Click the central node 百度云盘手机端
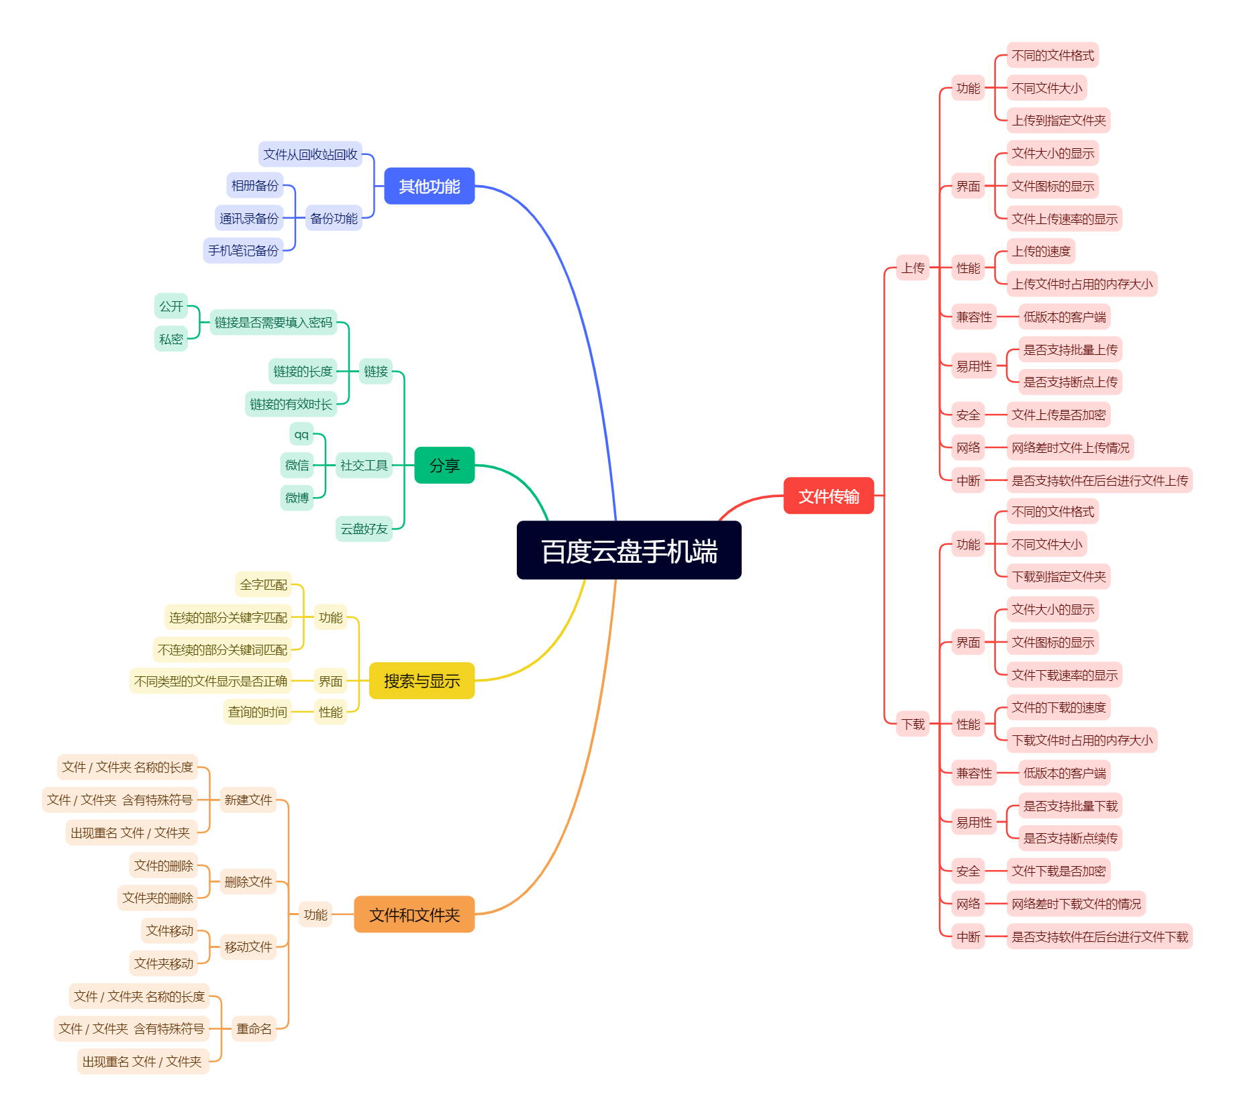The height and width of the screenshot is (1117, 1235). (x=629, y=550)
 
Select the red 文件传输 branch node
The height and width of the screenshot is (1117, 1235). (x=828, y=496)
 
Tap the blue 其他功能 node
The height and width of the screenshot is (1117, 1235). (x=429, y=186)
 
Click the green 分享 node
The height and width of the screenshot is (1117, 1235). (x=444, y=465)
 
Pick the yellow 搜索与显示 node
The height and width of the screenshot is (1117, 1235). (x=422, y=681)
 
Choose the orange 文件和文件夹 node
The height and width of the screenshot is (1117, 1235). (x=414, y=914)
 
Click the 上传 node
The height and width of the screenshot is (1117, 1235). (x=913, y=268)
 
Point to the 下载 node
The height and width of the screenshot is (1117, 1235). (x=913, y=724)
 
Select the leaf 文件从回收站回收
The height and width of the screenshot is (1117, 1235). (x=310, y=154)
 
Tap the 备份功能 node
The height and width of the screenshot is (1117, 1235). (x=334, y=218)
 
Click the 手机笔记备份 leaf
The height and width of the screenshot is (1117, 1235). (x=243, y=250)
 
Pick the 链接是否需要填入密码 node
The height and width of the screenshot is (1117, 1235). (x=273, y=322)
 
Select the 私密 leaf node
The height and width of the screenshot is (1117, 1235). (x=170, y=339)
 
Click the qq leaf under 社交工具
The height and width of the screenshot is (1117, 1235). (x=301, y=434)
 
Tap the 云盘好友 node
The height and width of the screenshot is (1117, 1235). (x=364, y=529)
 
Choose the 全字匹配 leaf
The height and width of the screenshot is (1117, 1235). (x=263, y=584)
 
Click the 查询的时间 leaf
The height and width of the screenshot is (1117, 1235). (x=257, y=712)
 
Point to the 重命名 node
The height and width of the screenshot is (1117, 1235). (x=254, y=1028)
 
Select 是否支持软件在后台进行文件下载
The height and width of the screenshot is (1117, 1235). (x=1099, y=937)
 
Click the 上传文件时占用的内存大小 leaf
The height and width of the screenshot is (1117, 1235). (x=1082, y=284)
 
